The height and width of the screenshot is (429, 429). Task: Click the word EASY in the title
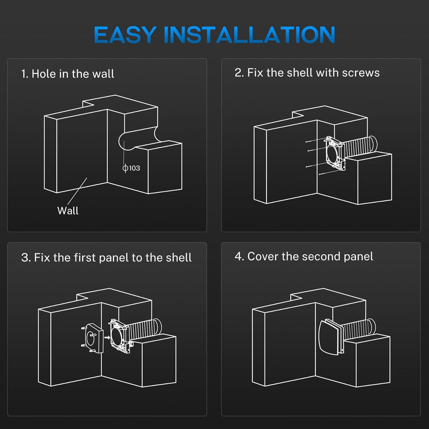click(125, 35)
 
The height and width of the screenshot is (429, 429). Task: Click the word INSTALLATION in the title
click(249, 35)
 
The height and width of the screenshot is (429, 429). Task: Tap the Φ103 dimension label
click(131, 168)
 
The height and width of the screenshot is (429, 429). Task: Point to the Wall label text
click(68, 211)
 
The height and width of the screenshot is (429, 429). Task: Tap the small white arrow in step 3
click(107, 337)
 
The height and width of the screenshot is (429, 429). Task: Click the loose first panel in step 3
click(93, 338)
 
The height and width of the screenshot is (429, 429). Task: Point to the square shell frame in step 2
click(334, 153)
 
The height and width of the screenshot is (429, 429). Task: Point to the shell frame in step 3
click(120, 336)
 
